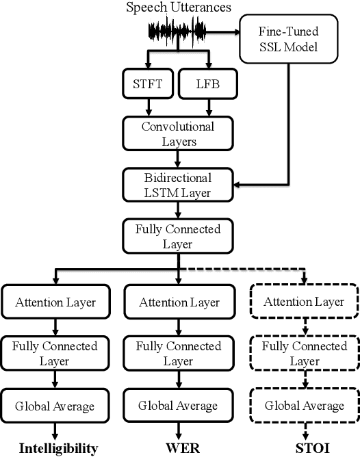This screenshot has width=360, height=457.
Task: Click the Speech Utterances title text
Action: [178, 8]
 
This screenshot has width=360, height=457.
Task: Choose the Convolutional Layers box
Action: [178, 133]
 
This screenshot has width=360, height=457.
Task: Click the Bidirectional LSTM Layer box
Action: [178, 184]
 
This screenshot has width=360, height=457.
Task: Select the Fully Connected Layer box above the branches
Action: [178, 235]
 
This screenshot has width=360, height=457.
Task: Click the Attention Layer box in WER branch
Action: [178, 302]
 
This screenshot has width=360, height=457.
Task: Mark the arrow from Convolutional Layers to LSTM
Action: [178, 159]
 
